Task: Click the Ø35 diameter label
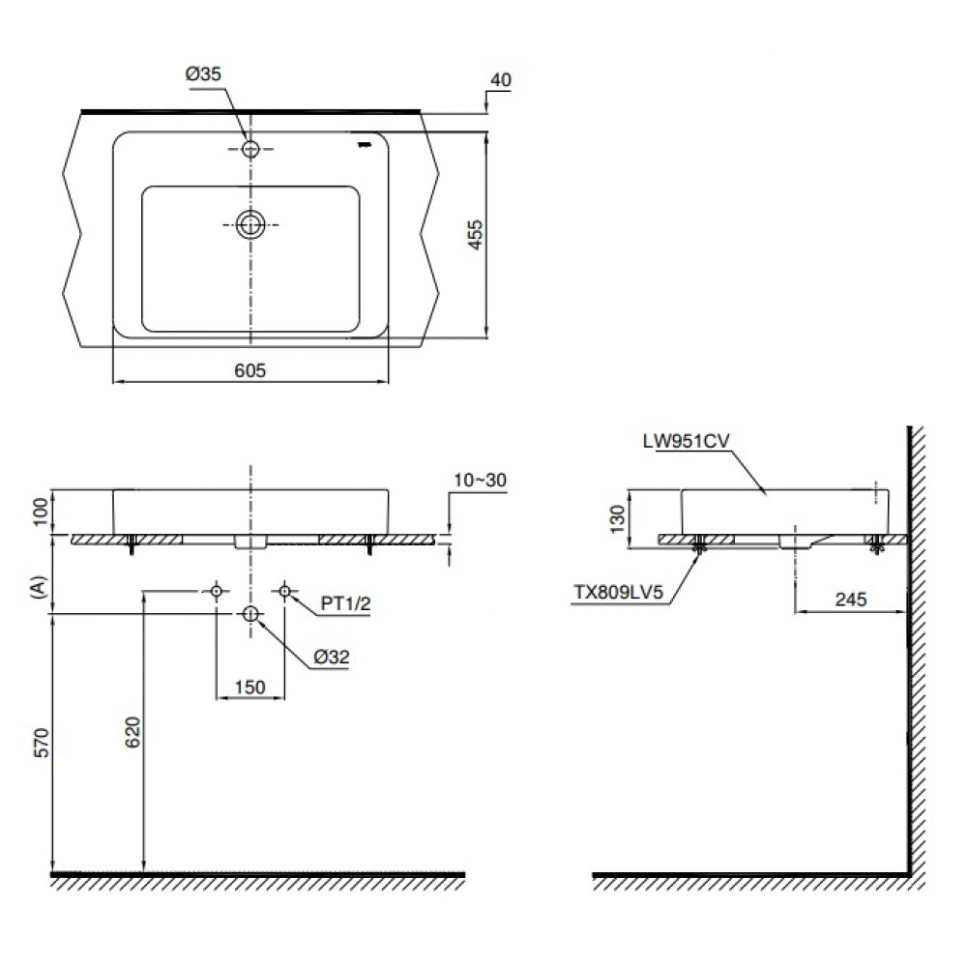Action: (203, 74)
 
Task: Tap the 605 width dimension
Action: (250, 370)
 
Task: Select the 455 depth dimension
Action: (476, 235)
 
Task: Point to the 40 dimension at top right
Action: (501, 80)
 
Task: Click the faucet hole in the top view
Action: (250, 149)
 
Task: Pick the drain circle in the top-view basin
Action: (250, 224)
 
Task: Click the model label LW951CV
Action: (686, 441)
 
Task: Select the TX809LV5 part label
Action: (619, 592)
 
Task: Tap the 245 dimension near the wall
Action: (851, 599)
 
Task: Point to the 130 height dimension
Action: (617, 518)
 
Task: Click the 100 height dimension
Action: (40, 512)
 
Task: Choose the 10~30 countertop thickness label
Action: (480, 480)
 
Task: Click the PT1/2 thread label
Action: (345, 603)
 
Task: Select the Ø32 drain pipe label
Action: (332, 657)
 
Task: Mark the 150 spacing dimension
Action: (250, 687)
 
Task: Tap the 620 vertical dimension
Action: (133, 732)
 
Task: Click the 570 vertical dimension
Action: (41, 743)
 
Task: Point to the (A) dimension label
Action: (40, 587)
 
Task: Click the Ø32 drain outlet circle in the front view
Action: (250, 614)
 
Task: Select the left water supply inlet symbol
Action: (217, 592)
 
